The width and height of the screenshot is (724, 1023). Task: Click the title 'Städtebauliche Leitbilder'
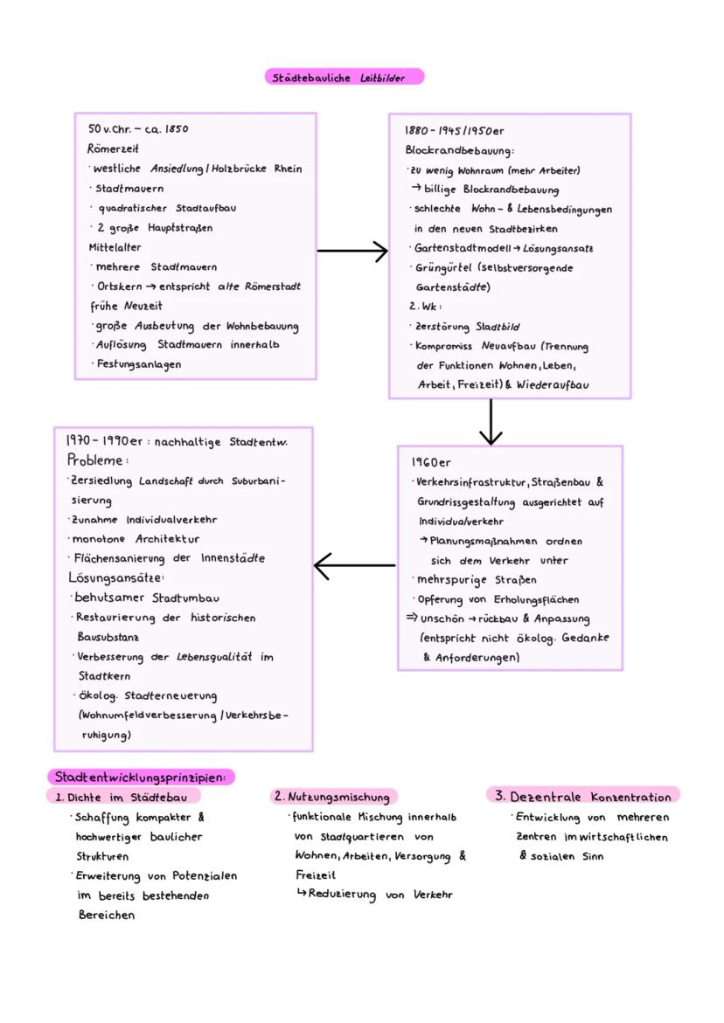click(344, 78)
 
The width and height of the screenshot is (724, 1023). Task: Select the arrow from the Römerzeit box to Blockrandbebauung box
click(352, 252)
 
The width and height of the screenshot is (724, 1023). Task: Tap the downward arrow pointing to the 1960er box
click(491, 422)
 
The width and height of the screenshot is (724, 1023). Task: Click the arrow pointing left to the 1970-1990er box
click(354, 565)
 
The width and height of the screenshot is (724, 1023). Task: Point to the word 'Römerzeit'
click(114, 149)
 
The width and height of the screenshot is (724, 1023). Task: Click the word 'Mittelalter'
click(115, 247)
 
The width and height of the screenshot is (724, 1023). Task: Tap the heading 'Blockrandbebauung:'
click(460, 150)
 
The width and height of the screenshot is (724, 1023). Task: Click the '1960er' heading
click(431, 462)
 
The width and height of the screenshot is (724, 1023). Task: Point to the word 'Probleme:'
click(97, 460)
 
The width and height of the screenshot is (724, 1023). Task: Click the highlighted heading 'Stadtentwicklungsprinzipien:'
click(141, 777)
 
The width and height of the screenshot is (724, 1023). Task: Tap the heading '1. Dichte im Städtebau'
click(122, 797)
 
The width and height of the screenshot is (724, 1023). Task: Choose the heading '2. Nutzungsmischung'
click(332, 797)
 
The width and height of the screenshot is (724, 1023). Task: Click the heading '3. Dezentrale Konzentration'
click(583, 797)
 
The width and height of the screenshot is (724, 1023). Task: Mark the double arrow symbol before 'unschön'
click(411, 618)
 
